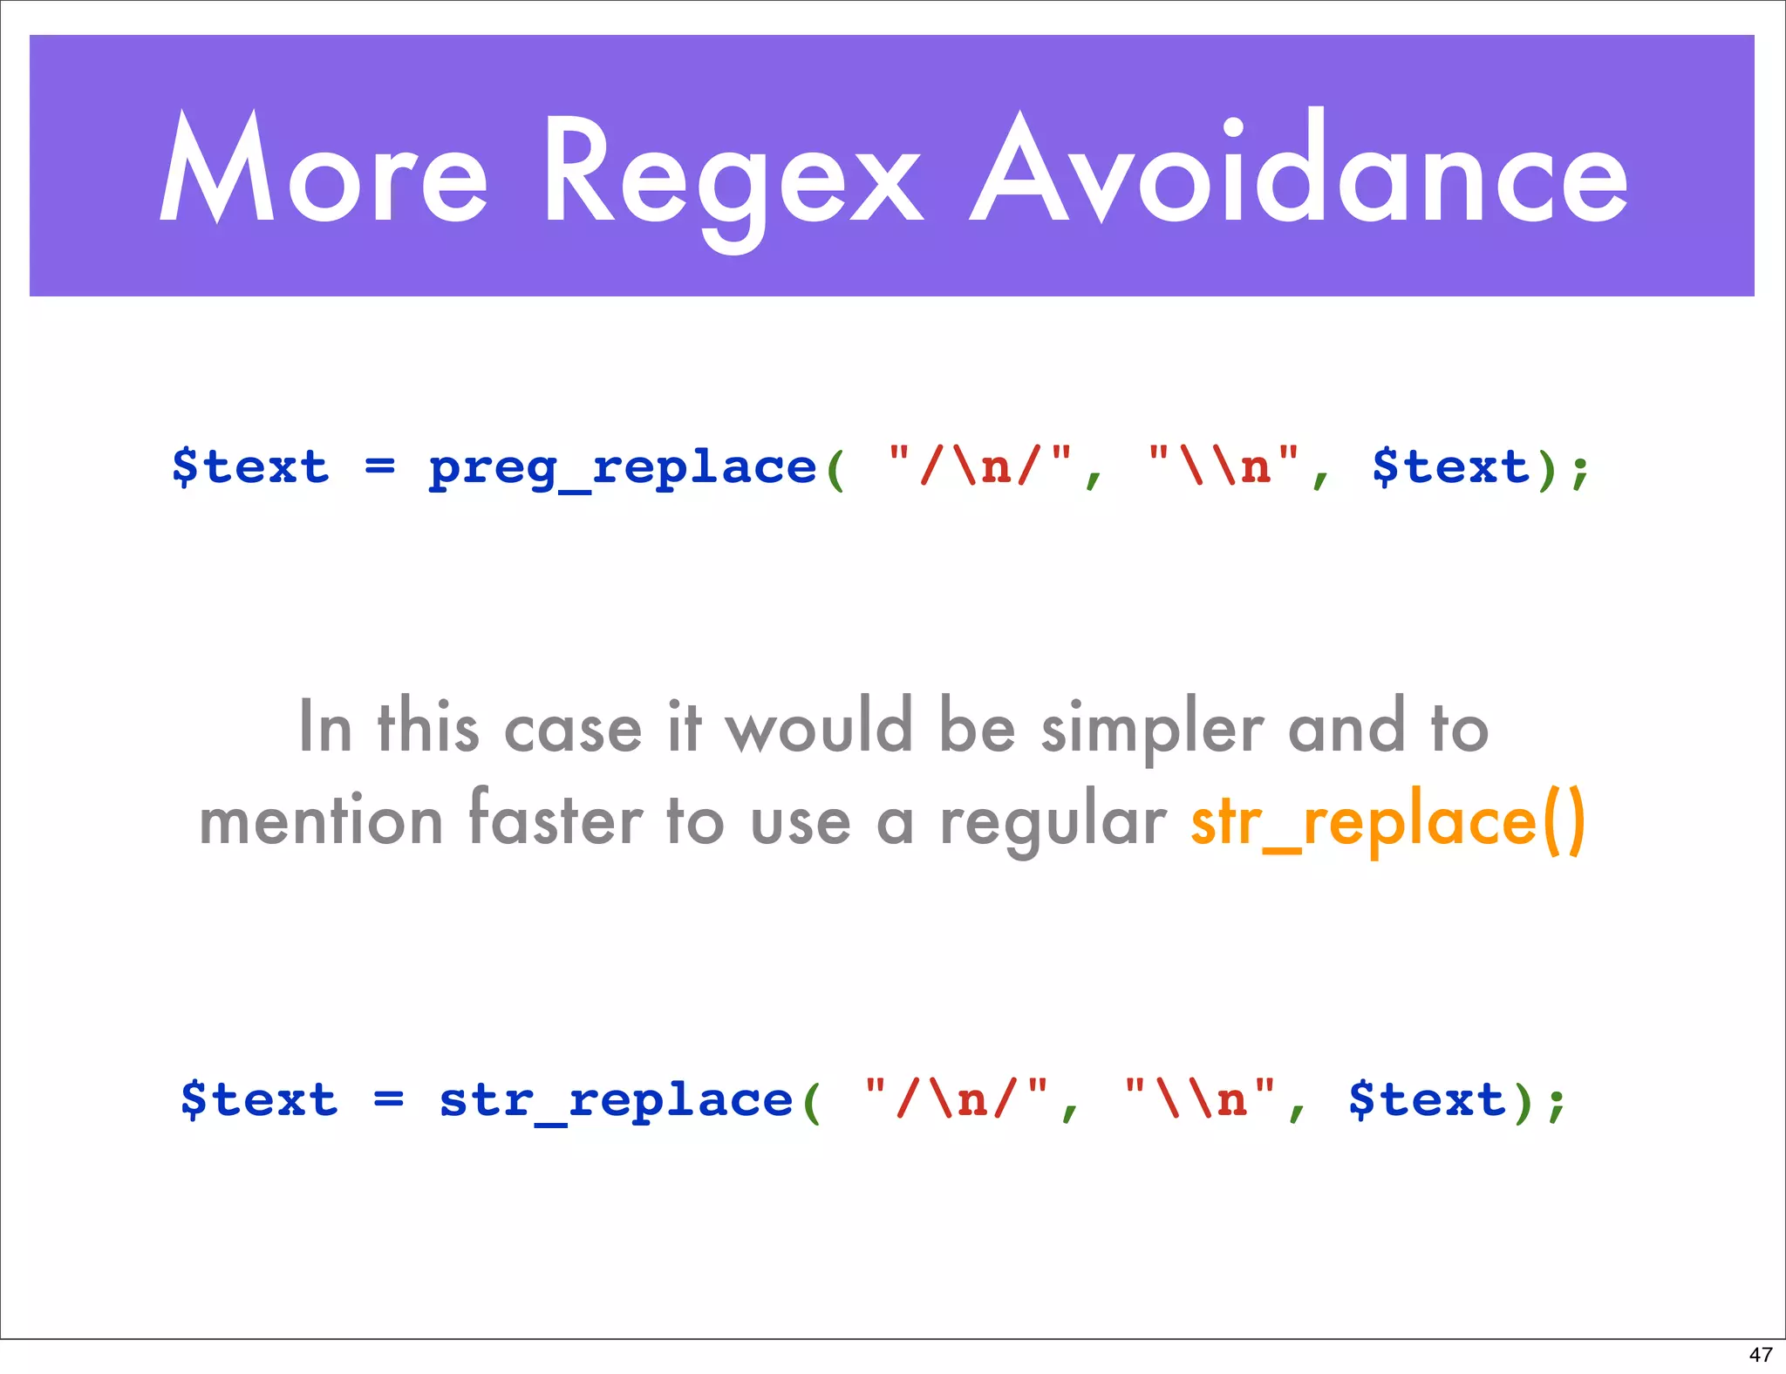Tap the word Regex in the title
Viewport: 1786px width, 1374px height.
click(733, 174)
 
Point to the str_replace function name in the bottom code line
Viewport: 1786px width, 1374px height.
click(616, 1100)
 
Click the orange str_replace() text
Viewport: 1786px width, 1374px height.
click(1387, 821)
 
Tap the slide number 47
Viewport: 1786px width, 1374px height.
click(1760, 1354)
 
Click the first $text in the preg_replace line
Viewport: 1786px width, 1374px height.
click(250, 467)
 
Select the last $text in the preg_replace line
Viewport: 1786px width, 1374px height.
click(1450, 467)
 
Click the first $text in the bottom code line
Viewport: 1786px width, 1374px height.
click(259, 1099)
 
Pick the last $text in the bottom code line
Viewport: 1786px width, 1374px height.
click(1427, 1099)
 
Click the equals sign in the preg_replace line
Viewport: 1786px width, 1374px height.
click(379, 467)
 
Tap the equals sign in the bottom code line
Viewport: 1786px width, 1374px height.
click(388, 1099)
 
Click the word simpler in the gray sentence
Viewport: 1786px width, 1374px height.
click(1152, 728)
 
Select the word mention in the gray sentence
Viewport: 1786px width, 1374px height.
click(321, 821)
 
